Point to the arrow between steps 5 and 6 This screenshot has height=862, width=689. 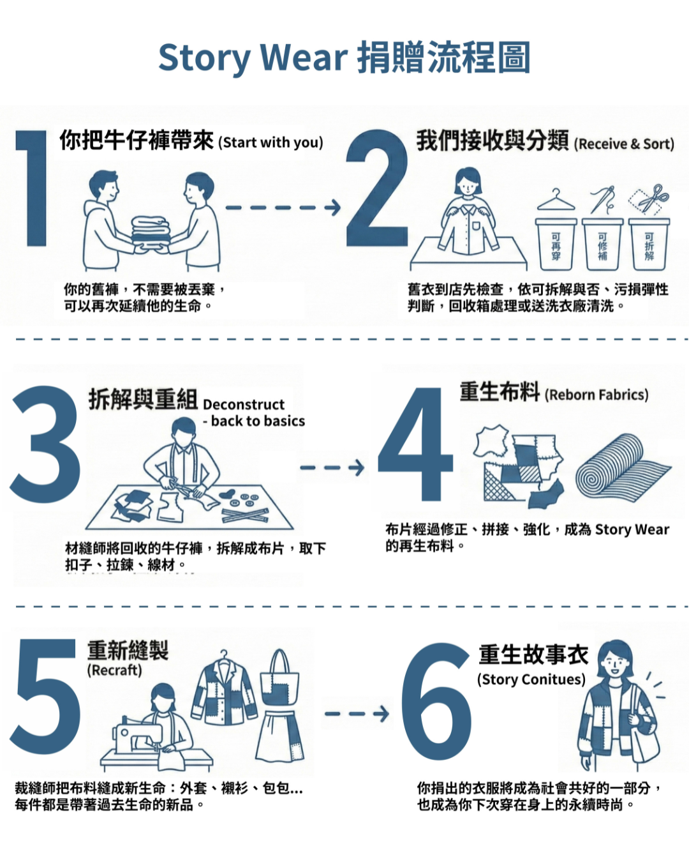(x=357, y=713)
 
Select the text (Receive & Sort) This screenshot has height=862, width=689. (x=624, y=144)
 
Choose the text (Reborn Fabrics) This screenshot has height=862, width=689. (x=596, y=395)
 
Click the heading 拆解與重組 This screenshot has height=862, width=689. (x=143, y=400)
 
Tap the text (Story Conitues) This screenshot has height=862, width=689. (x=531, y=679)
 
